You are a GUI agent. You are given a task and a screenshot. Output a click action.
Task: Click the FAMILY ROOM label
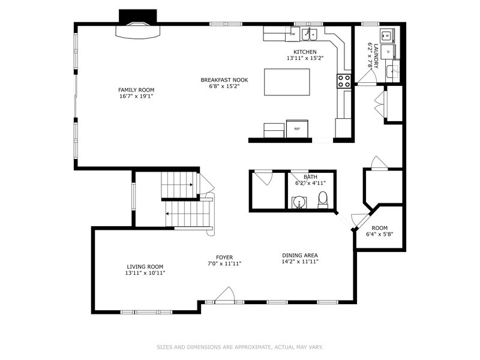(x=136, y=90)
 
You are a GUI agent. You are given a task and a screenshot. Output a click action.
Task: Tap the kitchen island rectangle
(x=287, y=82)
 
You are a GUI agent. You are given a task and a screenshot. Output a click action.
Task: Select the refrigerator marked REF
(x=297, y=129)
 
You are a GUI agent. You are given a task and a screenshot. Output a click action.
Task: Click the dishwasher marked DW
(x=293, y=34)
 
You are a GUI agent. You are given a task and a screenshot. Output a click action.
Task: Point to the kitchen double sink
(x=310, y=35)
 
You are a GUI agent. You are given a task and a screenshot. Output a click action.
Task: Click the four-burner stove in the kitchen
(x=344, y=81)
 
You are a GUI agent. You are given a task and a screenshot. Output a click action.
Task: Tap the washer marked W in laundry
(x=387, y=36)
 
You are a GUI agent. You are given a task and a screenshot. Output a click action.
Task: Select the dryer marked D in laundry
(x=388, y=52)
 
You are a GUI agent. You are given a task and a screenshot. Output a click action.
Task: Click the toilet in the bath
(x=323, y=200)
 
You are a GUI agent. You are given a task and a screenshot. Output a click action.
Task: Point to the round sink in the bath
(x=298, y=202)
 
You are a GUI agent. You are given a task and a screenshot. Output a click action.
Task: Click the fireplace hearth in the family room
(x=138, y=32)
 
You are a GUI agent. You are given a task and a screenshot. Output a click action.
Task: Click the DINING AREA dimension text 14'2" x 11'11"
(x=300, y=262)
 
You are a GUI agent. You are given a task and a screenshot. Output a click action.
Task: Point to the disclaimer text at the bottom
(x=239, y=347)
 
